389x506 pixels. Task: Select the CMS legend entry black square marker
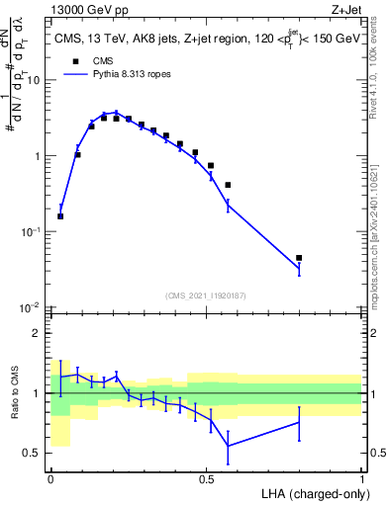(x=72, y=60)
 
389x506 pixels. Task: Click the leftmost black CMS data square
(x=60, y=216)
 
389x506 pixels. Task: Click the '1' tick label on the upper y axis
(x=39, y=156)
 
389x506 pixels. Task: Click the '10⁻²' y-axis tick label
(x=33, y=307)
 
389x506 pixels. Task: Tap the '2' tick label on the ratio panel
(x=39, y=333)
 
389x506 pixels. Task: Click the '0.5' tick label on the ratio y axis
(x=35, y=453)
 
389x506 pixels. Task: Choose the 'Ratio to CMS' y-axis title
(x=14, y=393)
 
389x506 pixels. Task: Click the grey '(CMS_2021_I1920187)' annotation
(x=206, y=295)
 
